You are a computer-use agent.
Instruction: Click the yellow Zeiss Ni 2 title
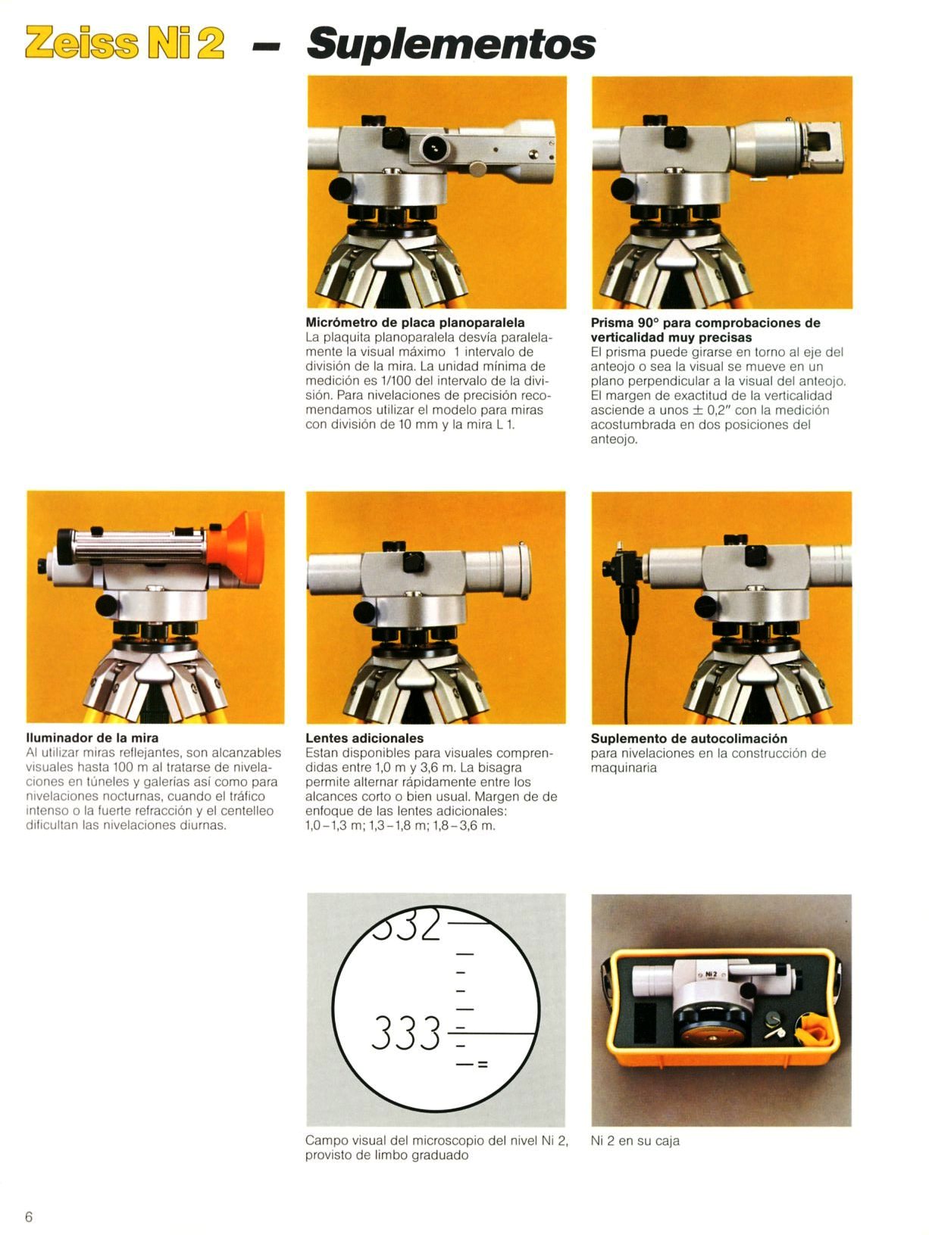point(124,42)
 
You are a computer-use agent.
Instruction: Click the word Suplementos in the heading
point(451,45)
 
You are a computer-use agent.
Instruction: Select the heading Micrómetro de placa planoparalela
point(415,323)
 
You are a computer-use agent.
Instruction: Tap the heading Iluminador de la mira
point(92,738)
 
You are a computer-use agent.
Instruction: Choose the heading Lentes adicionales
point(364,738)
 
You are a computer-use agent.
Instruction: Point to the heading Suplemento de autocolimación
point(689,738)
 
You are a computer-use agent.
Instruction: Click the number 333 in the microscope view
point(406,1033)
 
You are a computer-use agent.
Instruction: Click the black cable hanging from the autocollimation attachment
point(627,675)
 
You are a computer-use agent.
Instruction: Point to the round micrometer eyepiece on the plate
point(435,148)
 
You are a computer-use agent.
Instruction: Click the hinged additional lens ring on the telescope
point(516,571)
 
